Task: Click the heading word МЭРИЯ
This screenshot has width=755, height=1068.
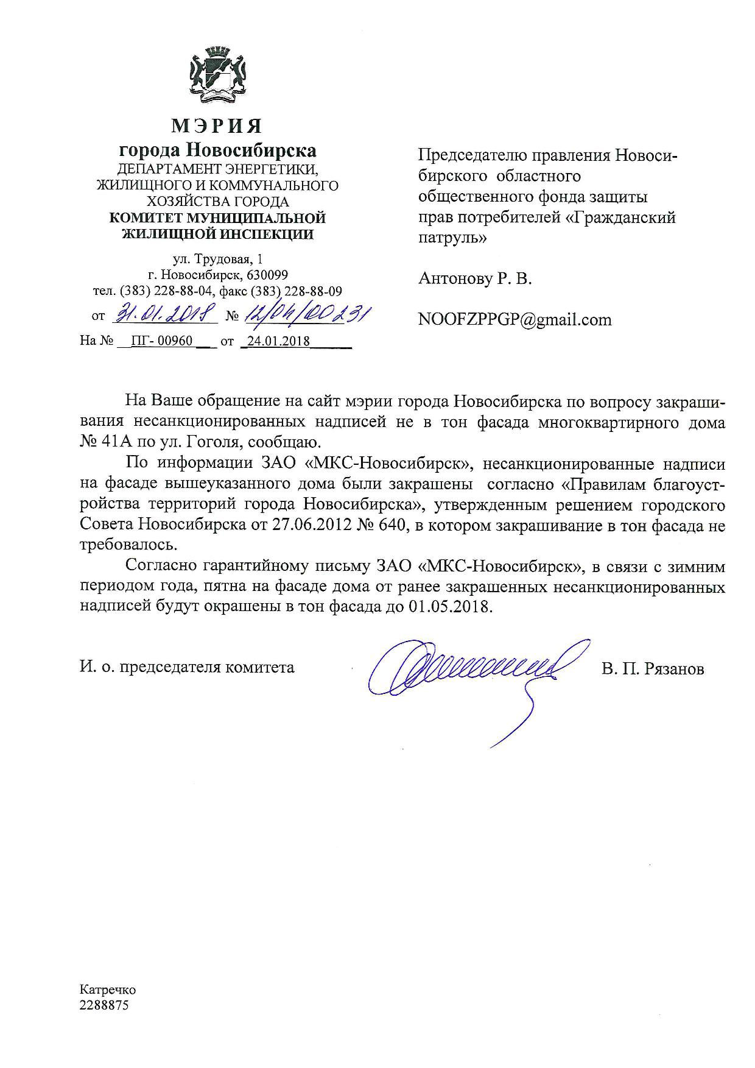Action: [x=217, y=126]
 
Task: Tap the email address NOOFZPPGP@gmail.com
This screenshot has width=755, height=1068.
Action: [x=515, y=319]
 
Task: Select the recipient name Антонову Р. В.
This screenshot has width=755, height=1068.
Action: [x=475, y=279]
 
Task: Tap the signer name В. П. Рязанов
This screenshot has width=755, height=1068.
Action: [x=653, y=668]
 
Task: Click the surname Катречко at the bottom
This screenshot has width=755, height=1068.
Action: [x=108, y=990]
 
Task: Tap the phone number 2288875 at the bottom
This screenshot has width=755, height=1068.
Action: [x=104, y=1006]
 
